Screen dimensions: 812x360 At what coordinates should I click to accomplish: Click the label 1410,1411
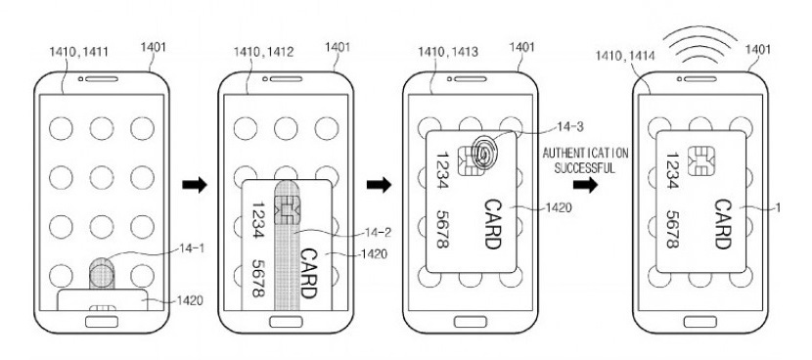[x=78, y=51]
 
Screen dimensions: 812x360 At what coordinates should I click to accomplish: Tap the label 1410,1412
[x=263, y=51]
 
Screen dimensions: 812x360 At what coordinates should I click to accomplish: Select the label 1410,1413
[x=448, y=51]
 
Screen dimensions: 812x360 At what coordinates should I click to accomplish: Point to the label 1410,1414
[x=625, y=55]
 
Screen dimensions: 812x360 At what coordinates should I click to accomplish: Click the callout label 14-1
[x=192, y=248]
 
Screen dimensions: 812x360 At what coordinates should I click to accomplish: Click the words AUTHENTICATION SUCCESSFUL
[x=585, y=160]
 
